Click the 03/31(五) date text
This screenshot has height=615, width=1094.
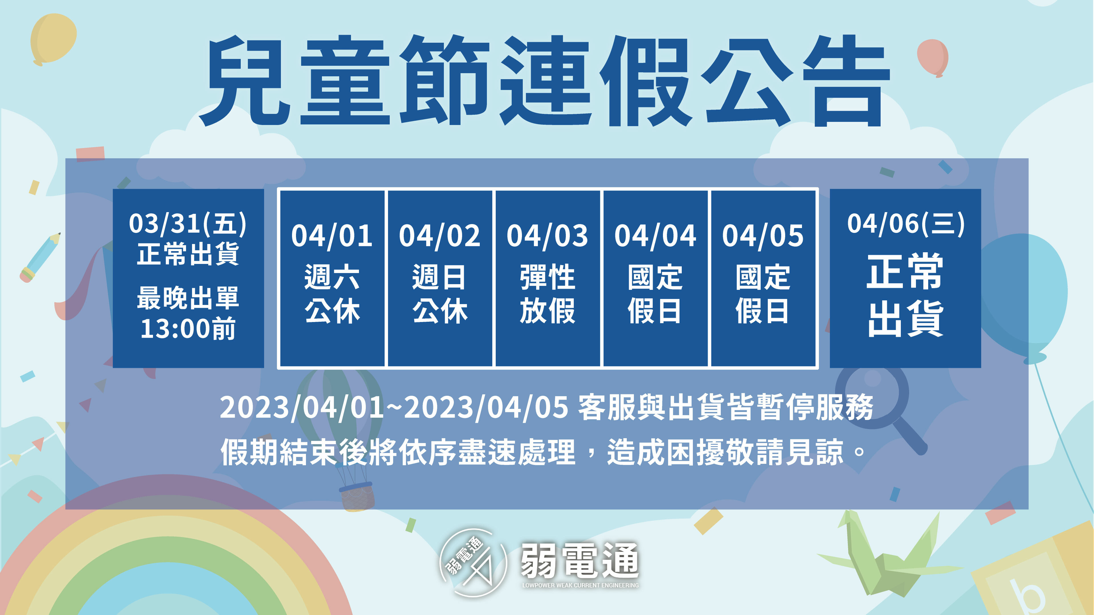point(188,224)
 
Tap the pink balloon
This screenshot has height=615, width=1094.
point(933,57)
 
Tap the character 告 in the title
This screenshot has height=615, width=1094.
point(846,81)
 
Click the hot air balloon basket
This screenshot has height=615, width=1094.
point(357,497)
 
